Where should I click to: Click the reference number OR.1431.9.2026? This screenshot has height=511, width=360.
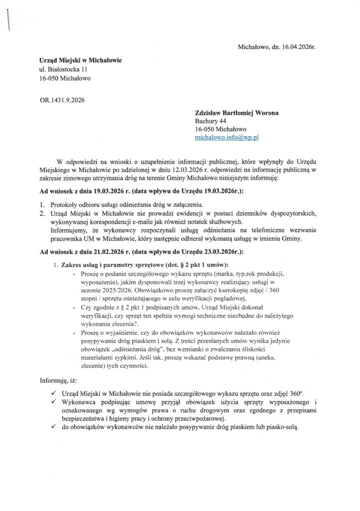(62, 99)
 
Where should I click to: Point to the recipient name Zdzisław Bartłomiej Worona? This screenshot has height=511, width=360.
(236, 113)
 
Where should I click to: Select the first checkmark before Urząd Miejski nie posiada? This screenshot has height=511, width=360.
(53, 394)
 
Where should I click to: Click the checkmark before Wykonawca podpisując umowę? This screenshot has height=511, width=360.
(53, 402)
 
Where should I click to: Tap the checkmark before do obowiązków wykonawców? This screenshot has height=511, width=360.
(53, 427)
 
